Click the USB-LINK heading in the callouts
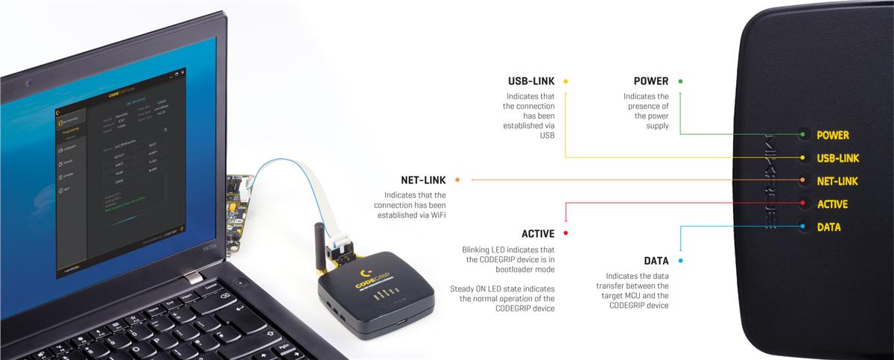coord(531,80)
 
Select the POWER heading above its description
coord(651,80)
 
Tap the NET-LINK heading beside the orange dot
coord(423,180)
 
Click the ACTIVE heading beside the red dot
coord(538,233)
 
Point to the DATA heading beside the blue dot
coord(656,261)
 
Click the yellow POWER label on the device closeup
coord(832,135)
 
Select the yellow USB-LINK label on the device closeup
coord(838,158)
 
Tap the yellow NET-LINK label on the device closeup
coord(837,181)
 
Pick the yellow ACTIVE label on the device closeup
coord(832,204)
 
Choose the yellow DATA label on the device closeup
coord(828,227)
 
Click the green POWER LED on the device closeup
coord(802,135)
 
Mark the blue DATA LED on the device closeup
coord(802,227)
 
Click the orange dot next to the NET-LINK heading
coord(457,180)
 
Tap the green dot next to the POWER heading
coord(680,80)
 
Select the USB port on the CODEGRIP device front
coord(401,323)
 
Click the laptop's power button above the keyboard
coord(240,282)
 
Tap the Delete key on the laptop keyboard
coord(211,286)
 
